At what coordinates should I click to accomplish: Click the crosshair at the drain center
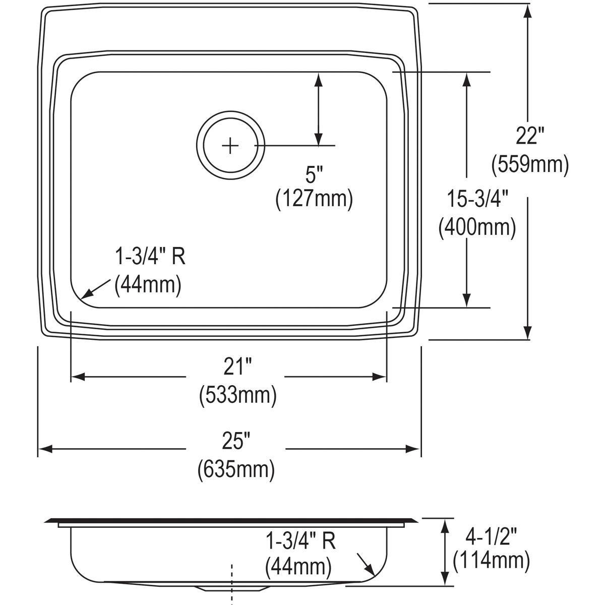[x=230, y=146]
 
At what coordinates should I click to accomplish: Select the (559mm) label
[x=530, y=164]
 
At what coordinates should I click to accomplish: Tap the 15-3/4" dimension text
[x=477, y=200]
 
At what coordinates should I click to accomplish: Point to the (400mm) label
[x=477, y=228]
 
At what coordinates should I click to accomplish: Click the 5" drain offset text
[x=314, y=175]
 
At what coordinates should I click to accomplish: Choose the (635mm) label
[x=236, y=469]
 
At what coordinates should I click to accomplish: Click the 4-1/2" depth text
[x=491, y=533]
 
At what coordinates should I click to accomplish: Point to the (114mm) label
[x=491, y=560]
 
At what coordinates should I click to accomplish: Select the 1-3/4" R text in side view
[x=300, y=541]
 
